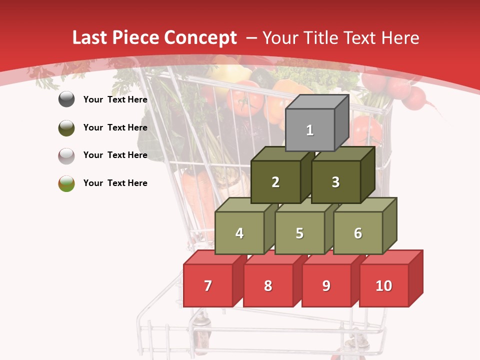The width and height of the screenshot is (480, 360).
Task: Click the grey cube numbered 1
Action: coord(309,130)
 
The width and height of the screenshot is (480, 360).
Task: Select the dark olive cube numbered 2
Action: coord(275,182)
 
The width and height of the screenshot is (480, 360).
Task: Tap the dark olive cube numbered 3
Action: coord(335,182)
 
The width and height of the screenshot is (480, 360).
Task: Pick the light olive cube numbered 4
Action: coord(239,233)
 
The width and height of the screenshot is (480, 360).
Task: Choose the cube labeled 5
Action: coord(299,233)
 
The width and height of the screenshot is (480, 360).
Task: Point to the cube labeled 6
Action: coord(358,233)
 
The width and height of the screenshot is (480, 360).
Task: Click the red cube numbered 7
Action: coord(208,285)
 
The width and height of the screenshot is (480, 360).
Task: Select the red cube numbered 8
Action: coord(268,285)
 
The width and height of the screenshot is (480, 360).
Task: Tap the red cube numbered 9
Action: coord(326,285)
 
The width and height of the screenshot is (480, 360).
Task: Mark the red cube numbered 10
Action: coord(383,285)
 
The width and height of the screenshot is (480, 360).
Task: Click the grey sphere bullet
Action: coord(66,99)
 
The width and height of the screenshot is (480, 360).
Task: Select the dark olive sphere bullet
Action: coord(66,127)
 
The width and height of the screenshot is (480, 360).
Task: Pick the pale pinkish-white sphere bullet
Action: coord(66,155)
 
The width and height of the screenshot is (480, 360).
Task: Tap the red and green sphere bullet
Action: coord(66,183)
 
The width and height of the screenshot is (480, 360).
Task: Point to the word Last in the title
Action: coord(89,38)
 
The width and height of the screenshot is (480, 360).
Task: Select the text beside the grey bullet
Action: coord(115,99)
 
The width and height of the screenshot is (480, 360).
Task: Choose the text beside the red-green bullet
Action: coord(115,183)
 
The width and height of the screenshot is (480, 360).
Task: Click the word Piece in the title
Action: coord(135,38)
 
